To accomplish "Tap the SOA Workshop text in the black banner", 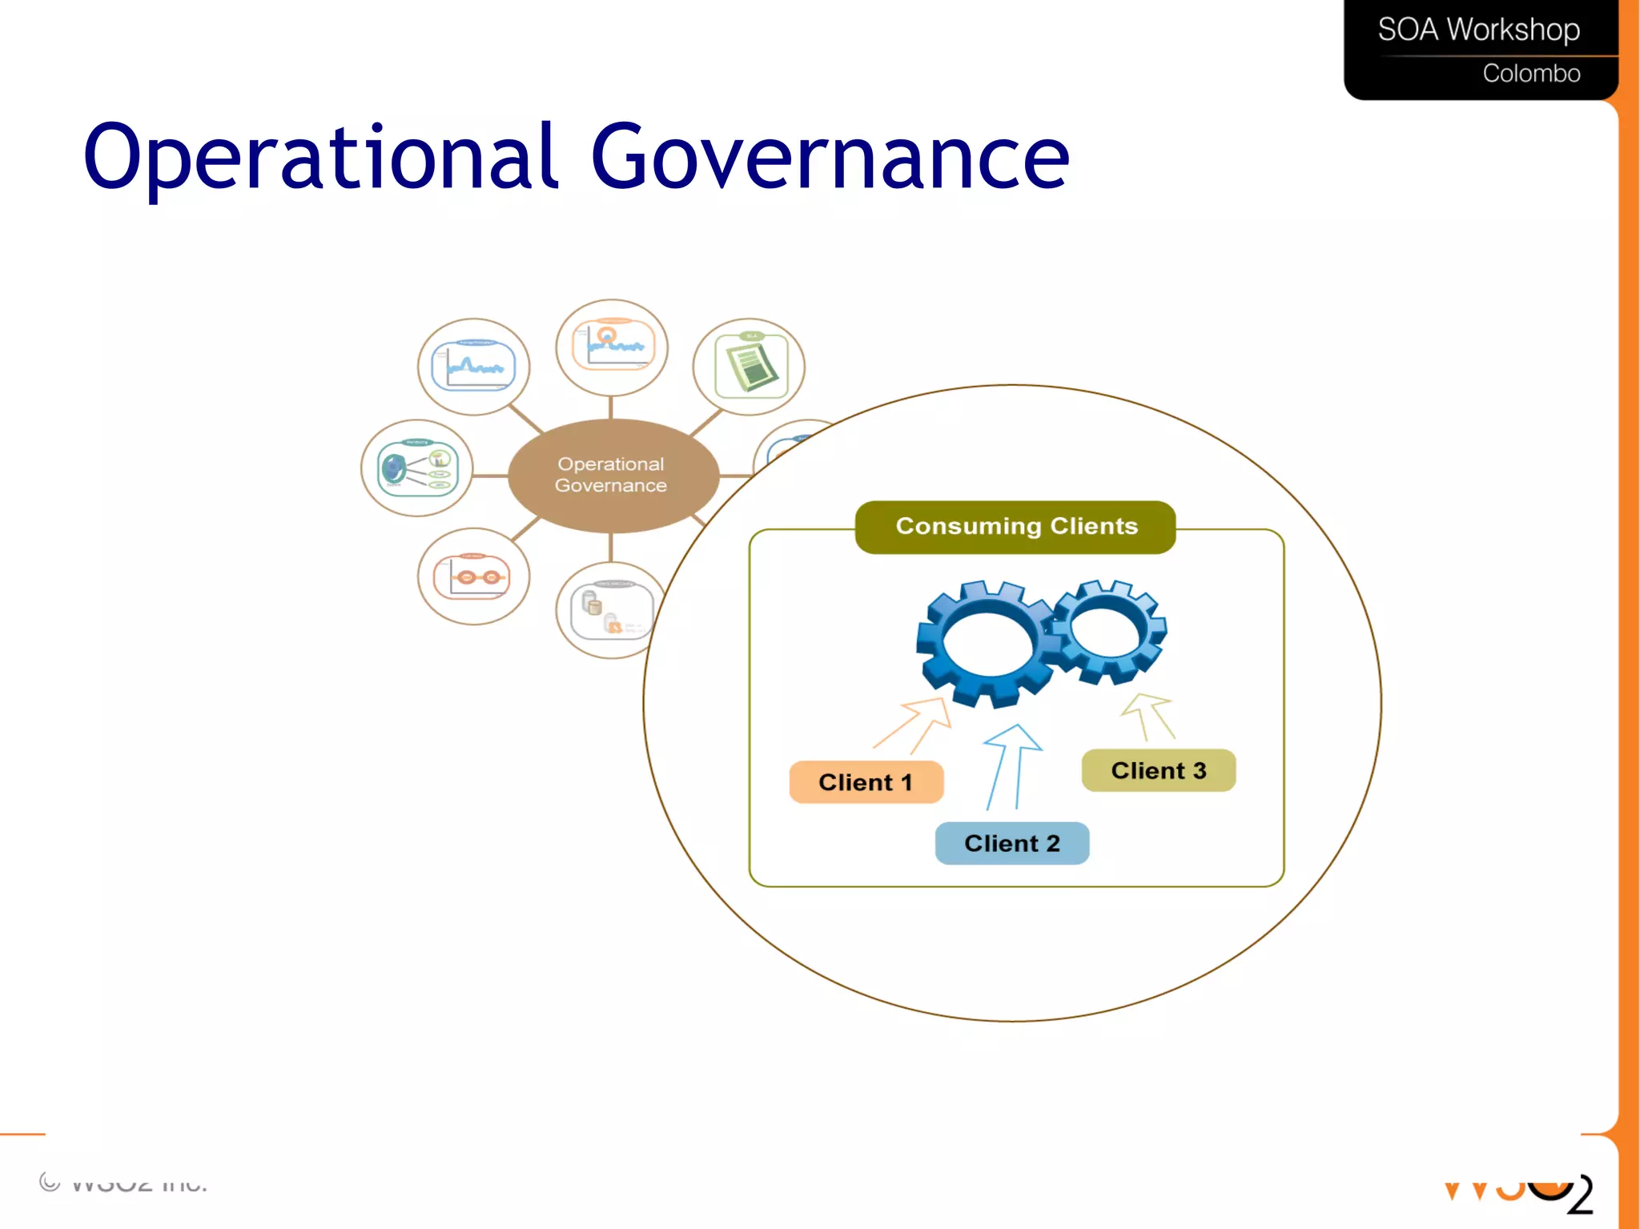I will [1478, 30].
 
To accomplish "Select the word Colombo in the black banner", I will [1530, 74].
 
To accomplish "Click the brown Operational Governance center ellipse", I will [613, 475].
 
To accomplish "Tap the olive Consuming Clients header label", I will [1015, 526].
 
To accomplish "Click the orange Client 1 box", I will [866, 782].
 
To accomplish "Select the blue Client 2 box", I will [1011, 843].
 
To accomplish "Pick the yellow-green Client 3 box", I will [1158, 770].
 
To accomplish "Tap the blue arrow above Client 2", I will [1009, 765].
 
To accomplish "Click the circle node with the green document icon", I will [749, 367].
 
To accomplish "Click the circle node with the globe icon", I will [416, 468].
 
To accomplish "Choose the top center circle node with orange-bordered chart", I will [612, 347].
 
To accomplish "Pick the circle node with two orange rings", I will [473, 576].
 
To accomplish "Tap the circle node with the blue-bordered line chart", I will [473, 367].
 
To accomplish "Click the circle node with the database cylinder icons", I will [609, 611].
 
